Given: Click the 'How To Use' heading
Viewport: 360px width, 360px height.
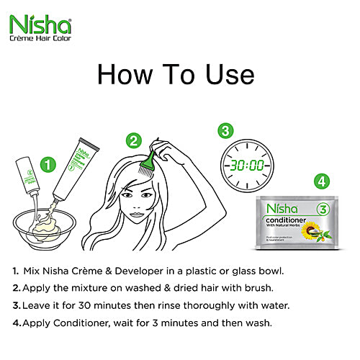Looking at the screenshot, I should click(176, 74).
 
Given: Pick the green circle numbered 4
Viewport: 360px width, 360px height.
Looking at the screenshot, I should click(323, 181).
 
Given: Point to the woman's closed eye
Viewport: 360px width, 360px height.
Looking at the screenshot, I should click(128, 195).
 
